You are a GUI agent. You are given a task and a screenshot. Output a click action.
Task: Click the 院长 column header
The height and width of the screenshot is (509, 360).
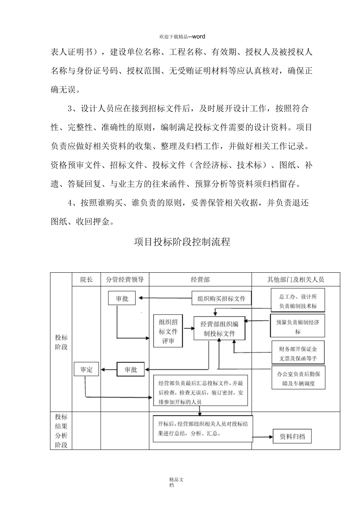(x=86, y=279)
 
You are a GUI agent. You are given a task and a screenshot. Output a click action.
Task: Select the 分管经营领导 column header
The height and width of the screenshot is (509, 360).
(x=125, y=279)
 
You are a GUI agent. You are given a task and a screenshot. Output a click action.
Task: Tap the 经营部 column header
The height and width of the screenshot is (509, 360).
(x=200, y=279)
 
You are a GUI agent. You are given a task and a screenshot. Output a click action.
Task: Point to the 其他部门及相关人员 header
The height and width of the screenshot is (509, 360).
(x=296, y=279)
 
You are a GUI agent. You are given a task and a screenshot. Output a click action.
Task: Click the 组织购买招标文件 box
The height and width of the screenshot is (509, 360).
(x=221, y=298)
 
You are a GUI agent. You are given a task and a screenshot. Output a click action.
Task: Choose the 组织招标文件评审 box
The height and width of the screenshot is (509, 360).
(x=168, y=331)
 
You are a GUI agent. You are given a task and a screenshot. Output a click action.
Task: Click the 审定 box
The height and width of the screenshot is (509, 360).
(x=86, y=369)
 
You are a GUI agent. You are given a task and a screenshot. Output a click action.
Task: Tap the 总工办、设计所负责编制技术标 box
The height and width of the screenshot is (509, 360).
(x=298, y=301)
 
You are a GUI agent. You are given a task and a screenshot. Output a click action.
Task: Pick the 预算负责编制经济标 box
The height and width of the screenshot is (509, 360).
(x=297, y=326)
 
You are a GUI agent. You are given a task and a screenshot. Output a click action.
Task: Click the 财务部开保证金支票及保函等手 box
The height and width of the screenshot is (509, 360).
(x=298, y=353)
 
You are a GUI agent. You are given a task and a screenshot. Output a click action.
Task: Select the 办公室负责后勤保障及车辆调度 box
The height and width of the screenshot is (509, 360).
(x=298, y=378)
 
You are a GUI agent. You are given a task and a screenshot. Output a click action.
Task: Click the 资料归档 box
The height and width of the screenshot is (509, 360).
(x=292, y=436)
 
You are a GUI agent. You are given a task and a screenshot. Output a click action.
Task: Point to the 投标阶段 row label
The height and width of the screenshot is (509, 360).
(x=61, y=342)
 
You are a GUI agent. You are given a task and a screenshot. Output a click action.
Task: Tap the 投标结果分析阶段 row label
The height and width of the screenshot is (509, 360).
(x=61, y=431)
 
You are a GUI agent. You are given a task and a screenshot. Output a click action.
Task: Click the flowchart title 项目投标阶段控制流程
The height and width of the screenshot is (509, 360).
(x=182, y=242)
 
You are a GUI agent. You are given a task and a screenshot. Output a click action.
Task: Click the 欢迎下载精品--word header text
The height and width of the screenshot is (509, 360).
(x=182, y=36)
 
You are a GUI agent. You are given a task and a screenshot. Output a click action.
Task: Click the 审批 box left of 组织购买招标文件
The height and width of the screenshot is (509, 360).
(x=122, y=298)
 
